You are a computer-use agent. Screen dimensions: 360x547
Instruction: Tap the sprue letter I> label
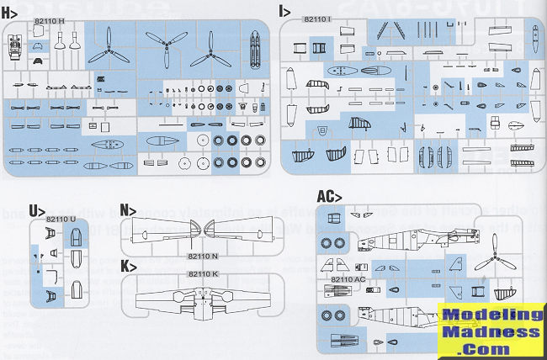[285, 13]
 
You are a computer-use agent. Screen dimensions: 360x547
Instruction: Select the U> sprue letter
[35, 209]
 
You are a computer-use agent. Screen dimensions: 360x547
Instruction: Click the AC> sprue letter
[328, 197]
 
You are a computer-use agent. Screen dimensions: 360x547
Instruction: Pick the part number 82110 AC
[348, 278]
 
